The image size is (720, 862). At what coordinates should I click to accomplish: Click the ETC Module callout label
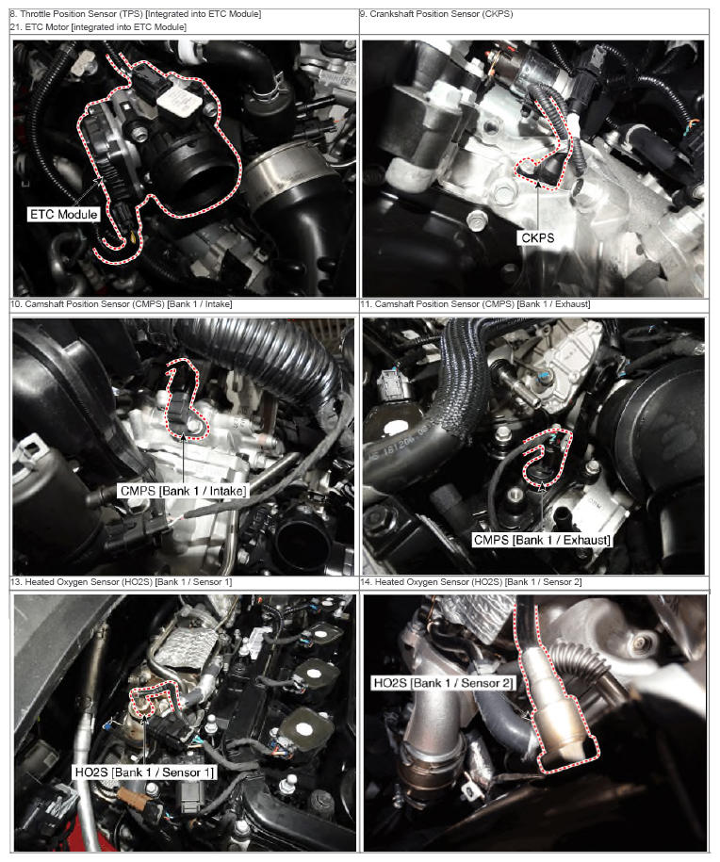tap(64, 215)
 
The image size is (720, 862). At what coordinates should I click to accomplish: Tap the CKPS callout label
tap(537, 238)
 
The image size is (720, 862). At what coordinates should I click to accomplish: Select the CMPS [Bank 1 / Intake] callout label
tap(183, 491)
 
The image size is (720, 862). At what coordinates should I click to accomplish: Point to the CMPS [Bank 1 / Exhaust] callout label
tap(542, 540)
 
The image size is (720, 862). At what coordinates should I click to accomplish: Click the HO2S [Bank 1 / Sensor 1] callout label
tap(144, 773)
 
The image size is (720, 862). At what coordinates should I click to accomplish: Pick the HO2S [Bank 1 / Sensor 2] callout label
tap(443, 683)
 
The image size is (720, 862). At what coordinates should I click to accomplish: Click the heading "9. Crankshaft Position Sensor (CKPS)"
tap(436, 14)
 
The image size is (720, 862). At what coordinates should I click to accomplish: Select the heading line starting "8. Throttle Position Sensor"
tap(136, 14)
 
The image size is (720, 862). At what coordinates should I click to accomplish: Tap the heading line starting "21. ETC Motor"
tap(98, 27)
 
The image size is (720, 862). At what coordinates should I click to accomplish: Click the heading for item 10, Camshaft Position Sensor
tap(121, 304)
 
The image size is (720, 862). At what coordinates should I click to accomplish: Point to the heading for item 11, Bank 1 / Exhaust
tap(475, 304)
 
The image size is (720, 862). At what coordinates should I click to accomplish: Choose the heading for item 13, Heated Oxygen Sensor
tap(121, 581)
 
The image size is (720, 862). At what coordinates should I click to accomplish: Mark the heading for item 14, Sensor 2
tap(471, 581)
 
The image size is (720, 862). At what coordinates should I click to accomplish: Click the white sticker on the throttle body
tap(178, 100)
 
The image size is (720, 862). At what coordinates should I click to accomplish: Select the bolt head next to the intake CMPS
tap(195, 427)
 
